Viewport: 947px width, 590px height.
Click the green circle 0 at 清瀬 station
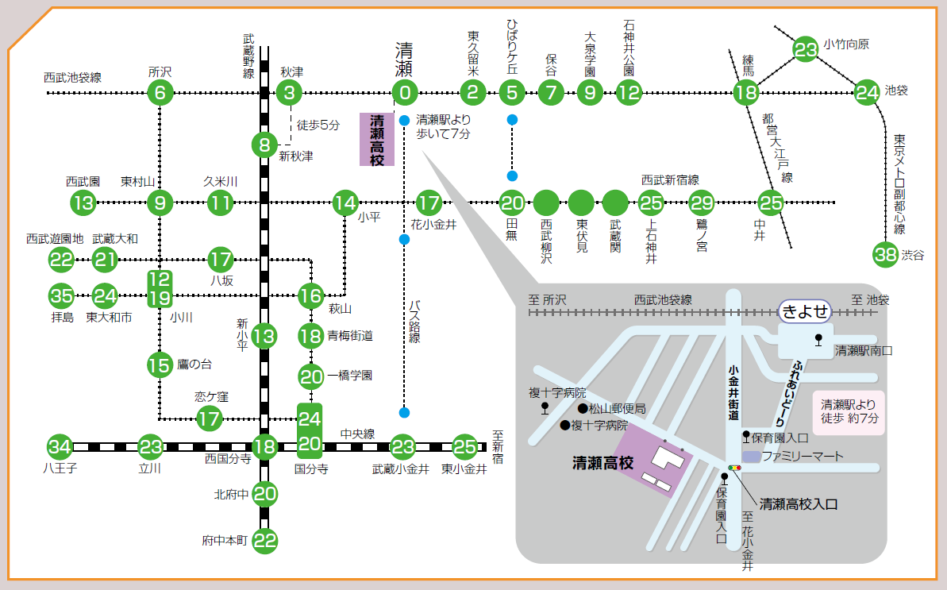click(x=405, y=93)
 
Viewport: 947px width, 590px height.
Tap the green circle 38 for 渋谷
click(x=885, y=255)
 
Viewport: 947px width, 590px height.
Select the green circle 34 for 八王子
click(x=60, y=447)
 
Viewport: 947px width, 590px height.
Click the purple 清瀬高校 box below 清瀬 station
click(x=377, y=140)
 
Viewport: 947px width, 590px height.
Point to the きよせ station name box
click(x=804, y=311)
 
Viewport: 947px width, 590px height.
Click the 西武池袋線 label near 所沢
click(x=72, y=77)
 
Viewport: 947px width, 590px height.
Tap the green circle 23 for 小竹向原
click(x=805, y=49)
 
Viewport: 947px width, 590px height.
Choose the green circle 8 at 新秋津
click(x=264, y=145)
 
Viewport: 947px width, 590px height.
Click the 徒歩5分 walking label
click(x=318, y=125)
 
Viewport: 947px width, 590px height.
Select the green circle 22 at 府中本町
click(x=264, y=541)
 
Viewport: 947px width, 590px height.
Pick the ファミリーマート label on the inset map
click(x=803, y=456)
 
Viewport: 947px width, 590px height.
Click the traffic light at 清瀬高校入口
click(x=734, y=468)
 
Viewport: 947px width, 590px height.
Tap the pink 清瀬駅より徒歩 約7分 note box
click(x=849, y=412)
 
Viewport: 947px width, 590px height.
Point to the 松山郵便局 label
click(x=618, y=409)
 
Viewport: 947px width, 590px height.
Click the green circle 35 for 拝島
click(x=61, y=296)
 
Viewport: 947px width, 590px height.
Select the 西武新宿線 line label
click(x=670, y=180)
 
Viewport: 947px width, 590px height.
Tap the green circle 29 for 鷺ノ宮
click(x=701, y=203)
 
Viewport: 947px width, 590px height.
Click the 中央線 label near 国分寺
click(x=357, y=434)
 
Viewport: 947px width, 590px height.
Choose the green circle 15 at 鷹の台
click(x=160, y=364)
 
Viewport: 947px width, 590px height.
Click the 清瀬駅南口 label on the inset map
click(x=864, y=350)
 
